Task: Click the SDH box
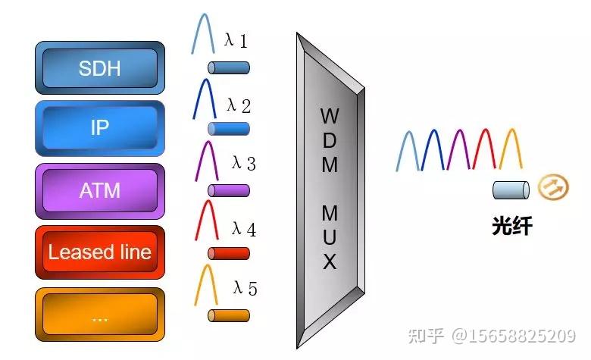coord(99,68)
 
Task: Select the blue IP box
coord(99,128)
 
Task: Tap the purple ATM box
coord(99,189)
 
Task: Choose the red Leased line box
coord(99,252)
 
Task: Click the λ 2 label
coord(238,105)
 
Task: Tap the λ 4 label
coord(243,228)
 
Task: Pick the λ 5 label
coord(245,288)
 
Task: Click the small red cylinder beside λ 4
coord(228,253)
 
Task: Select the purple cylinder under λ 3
coord(228,190)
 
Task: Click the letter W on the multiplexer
coord(329,116)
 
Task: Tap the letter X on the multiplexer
coord(330,263)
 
